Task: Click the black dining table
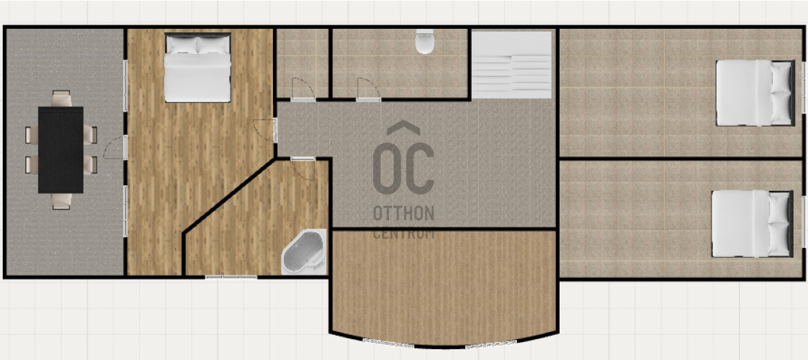(x=60, y=150)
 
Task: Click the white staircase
(x=512, y=64)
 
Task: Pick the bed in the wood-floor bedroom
(x=197, y=68)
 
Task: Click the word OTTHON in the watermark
(x=403, y=213)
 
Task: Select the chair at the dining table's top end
(x=61, y=99)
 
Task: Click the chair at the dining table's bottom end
(x=60, y=202)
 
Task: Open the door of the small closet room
(x=303, y=89)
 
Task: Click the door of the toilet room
(x=369, y=89)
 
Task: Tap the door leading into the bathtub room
(x=303, y=169)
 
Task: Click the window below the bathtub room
(x=231, y=277)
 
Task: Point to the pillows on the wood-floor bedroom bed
(x=197, y=45)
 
